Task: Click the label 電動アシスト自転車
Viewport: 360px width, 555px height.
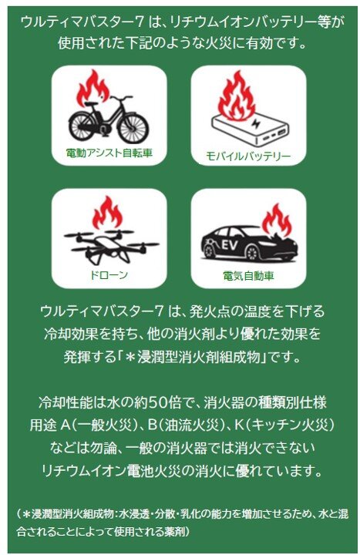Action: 109,153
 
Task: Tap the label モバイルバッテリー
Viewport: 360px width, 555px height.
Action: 248,156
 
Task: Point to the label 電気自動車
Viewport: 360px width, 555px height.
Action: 248,274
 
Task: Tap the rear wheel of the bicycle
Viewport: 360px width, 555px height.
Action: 82,124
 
